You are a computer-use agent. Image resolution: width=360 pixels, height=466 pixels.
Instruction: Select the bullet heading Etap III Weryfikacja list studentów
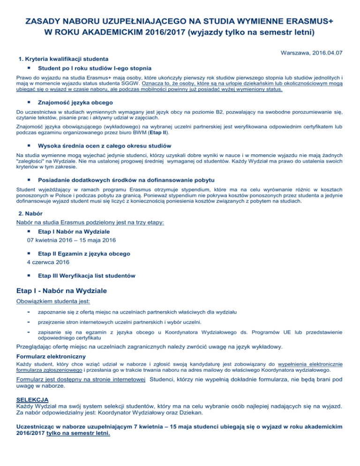click(87, 275)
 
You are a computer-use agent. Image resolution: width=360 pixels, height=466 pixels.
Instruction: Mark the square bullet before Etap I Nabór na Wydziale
click(29, 231)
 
